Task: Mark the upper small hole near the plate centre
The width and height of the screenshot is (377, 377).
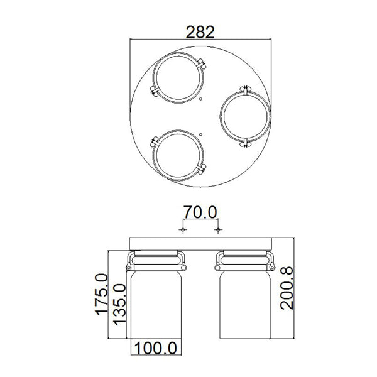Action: [200, 99]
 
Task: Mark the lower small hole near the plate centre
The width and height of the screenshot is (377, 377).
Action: [200, 134]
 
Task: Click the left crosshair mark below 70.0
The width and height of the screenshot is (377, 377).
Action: [183, 231]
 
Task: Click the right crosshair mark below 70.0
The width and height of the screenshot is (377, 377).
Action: [217, 231]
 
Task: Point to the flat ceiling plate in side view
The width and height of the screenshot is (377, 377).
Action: [200, 242]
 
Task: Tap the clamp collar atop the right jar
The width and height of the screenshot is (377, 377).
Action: [244, 260]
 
